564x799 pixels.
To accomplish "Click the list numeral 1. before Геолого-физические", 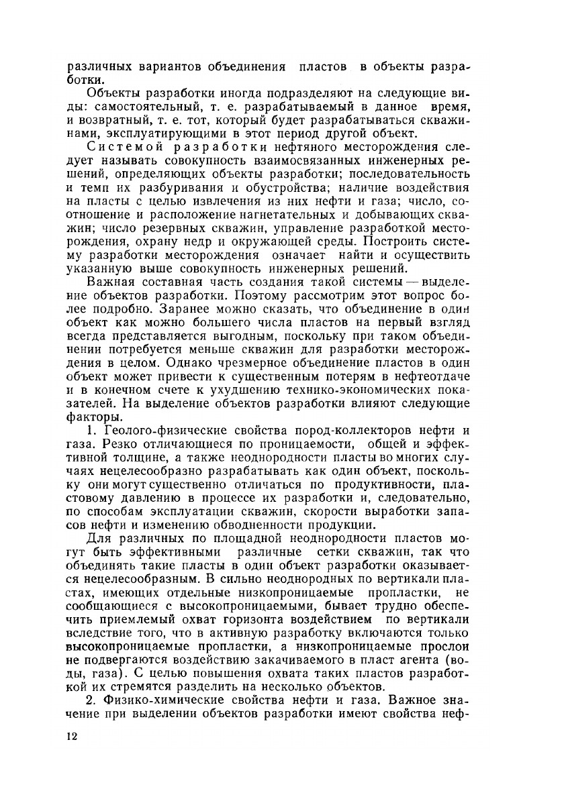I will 92,431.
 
